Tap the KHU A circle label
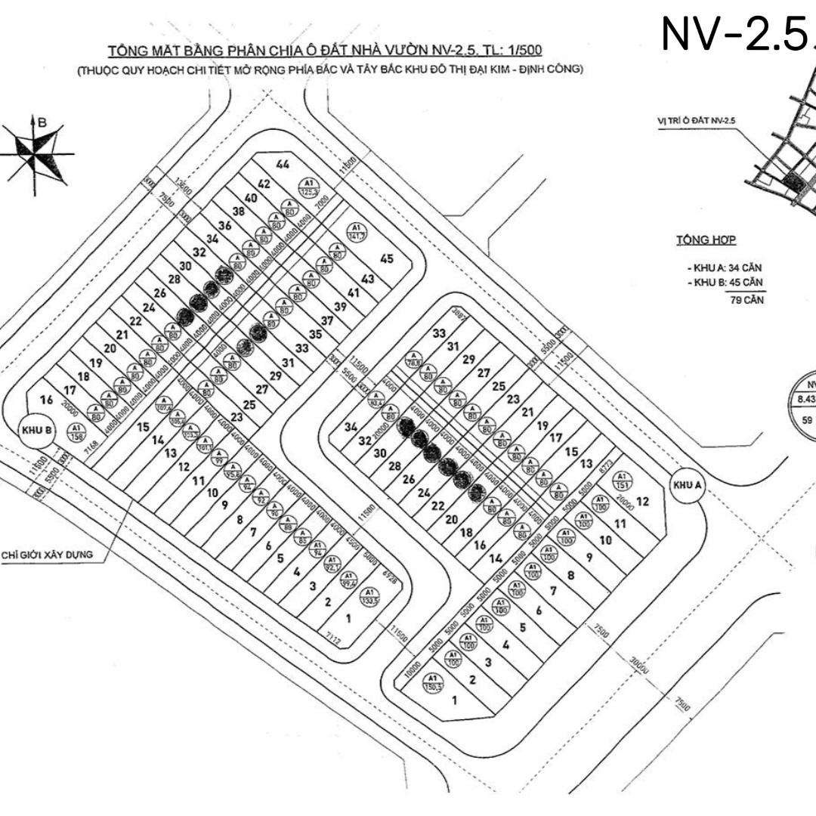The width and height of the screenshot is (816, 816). (687, 486)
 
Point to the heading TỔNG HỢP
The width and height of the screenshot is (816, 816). (706, 240)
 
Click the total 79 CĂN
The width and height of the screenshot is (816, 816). (743, 300)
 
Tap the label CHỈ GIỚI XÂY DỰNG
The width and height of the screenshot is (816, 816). (47, 555)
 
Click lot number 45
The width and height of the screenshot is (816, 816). (387, 259)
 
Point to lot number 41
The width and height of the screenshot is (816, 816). (354, 292)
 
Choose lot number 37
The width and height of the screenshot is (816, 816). (327, 320)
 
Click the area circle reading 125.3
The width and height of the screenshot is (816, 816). (308, 186)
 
